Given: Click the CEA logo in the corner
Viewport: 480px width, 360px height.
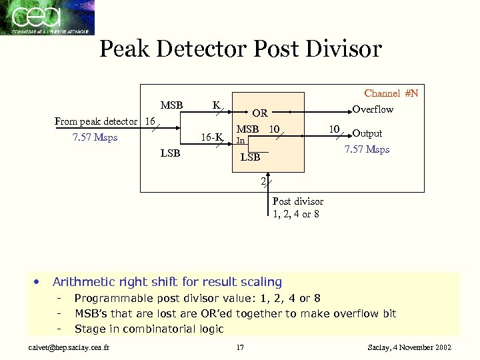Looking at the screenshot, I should (47, 17).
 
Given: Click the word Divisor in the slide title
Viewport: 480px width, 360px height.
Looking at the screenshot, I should (341, 49).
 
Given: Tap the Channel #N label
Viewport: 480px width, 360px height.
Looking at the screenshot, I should (391, 93).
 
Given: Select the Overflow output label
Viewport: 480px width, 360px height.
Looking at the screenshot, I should (373, 109).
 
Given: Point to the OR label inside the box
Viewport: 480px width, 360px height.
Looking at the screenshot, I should (259, 114).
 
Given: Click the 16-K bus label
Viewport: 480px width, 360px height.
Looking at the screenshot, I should (211, 137).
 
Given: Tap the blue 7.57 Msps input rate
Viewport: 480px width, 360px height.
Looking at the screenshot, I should (95, 137).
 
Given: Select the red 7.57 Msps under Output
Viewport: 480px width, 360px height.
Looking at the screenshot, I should (367, 149).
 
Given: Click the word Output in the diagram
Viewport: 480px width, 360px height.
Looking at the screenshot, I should (367, 133).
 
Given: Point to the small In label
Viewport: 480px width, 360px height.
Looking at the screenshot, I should (241, 141).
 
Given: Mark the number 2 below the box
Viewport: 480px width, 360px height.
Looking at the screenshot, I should (263, 181).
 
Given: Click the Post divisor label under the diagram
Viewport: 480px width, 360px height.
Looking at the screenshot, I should (297, 201).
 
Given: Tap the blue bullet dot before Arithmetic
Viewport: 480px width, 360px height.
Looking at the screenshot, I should (38, 281).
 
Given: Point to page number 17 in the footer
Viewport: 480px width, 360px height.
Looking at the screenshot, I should (241, 347).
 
